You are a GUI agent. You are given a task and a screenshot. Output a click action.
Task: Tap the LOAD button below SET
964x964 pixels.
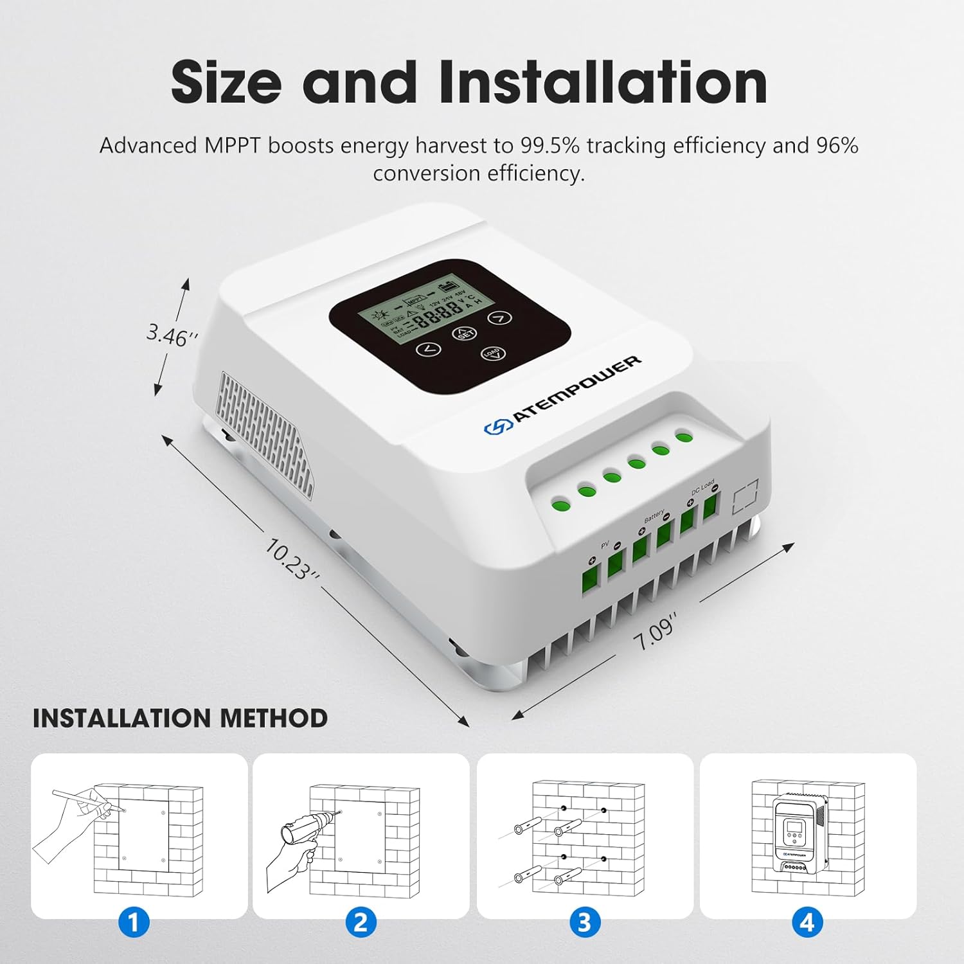point(493,353)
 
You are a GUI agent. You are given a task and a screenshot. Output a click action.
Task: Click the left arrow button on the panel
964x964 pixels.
point(429,350)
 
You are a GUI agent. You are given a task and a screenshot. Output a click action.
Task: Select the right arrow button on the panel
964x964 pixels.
point(499,317)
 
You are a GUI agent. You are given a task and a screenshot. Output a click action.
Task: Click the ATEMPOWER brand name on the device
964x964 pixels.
point(576,389)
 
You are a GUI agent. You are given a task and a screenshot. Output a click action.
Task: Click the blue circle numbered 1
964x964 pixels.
point(134,923)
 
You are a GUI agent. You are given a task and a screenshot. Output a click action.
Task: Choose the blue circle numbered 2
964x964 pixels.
point(361,923)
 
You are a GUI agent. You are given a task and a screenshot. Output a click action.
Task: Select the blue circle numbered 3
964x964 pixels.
point(584,923)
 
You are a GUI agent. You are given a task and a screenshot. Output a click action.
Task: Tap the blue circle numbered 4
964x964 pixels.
point(807,923)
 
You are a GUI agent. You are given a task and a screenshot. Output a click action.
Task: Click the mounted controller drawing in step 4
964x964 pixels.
point(798,835)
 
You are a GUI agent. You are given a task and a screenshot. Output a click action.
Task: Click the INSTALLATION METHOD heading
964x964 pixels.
point(180,718)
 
